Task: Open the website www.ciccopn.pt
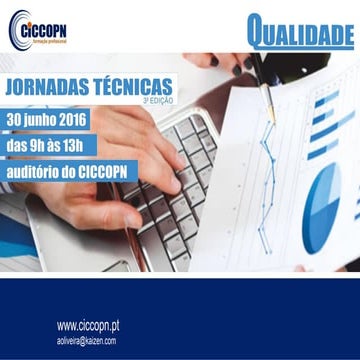[95, 326]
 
